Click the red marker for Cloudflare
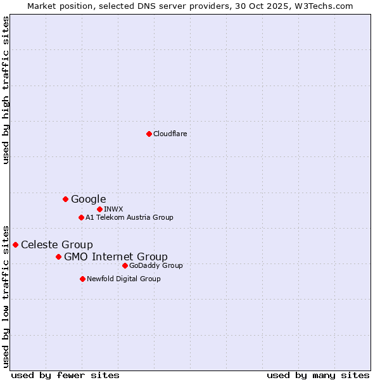pyautogui.click(x=149, y=134)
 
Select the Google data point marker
pyautogui.click(x=65, y=199)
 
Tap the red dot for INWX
pyautogui.click(x=99, y=209)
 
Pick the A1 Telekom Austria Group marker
pyautogui.click(x=81, y=217)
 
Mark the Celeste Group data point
pyautogui.click(x=15, y=244)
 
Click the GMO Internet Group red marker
pyautogui.click(x=58, y=256)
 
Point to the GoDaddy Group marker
pyautogui.click(x=125, y=265)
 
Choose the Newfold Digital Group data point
pyautogui.click(x=82, y=279)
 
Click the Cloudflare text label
pyautogui.click(x=170, y=134)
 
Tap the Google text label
pyautogui.click(x=88, y=199)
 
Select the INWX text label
pyautogui.click(x=113, y=209)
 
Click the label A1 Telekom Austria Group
pyautogui.click(x=129, y=217)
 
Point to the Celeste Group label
pyautogui.click(x=56, y=244)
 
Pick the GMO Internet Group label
pyautogui.click(x=115, y=256)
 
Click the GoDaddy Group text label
pyautogui.click(x=156, y=265)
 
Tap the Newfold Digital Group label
pyautogui.click(x=123, y=279)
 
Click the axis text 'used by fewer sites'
pyautogui.click(x=65, y=375)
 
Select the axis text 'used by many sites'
pyautogui.click(x=318, y=375)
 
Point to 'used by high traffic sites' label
pyautogui.click(x=6, y=90)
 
